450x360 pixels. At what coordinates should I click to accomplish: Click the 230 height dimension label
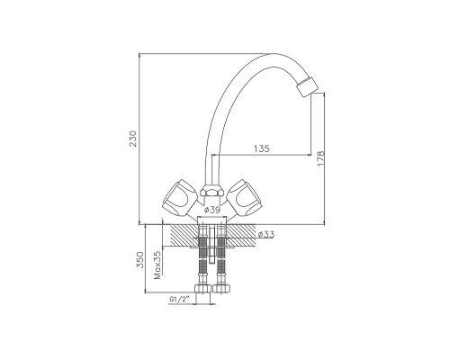[133, 139]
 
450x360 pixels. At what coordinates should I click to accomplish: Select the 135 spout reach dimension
[262, 148]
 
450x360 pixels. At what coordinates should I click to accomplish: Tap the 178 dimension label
[320, 158]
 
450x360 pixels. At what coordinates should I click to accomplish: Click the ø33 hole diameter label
[265, 234]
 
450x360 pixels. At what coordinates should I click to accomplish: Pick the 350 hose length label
[140, 259]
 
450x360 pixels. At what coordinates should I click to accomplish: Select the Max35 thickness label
[157, 265]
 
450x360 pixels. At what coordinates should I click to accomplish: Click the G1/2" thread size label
[180, 299]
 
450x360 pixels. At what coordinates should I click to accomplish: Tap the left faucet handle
[179, 196]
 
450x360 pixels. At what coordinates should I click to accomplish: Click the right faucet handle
[243, 196]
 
